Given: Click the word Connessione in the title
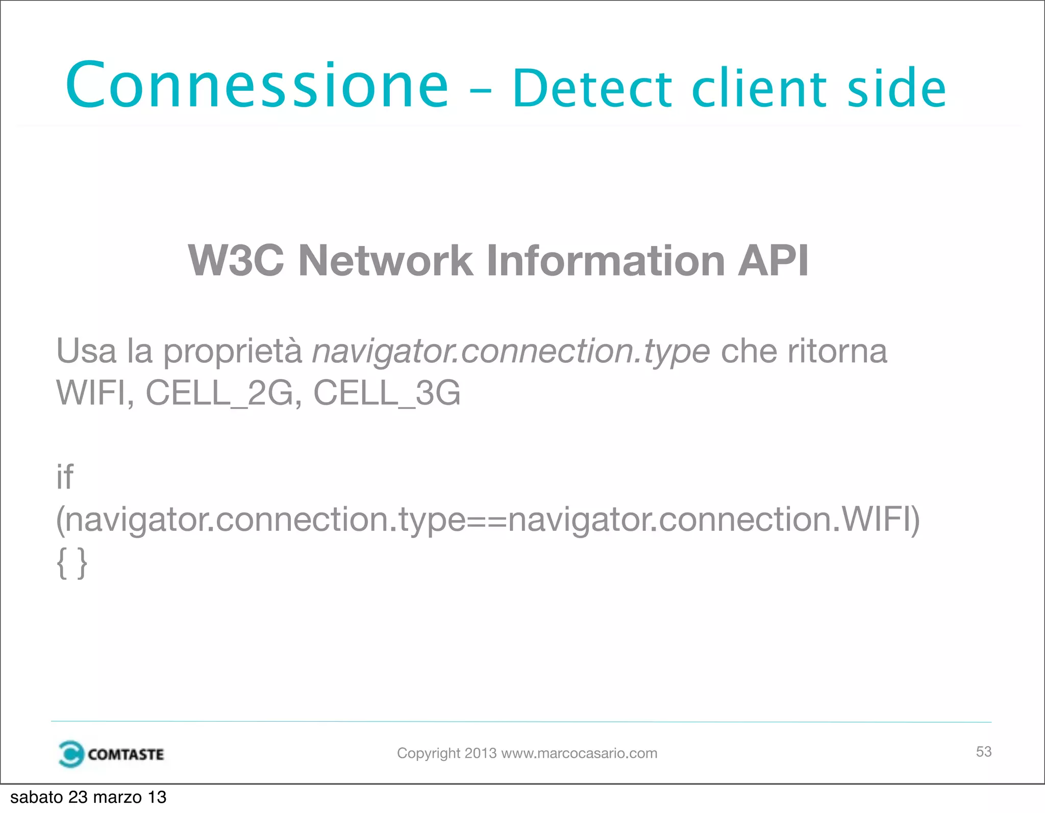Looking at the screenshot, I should click(x=257, y=86).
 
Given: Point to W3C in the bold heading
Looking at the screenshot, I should click(x=236, y=261).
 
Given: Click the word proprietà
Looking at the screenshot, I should click(x=233, y=352).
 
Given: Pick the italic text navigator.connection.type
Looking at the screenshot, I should click(x=510, y=352).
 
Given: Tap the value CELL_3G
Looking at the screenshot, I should click(x=386, y=393).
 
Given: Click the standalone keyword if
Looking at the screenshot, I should click(x=65, y=477).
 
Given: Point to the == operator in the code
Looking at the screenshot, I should click(x=487, y=520).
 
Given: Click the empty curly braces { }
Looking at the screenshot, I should click(x=72, y=563).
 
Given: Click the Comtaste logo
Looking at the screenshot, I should click(x=111, y=754).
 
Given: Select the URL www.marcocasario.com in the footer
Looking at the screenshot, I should click(x=579, y=753).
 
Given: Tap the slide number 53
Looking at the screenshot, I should click(x=983, y=751).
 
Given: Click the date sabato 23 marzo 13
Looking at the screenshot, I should click(x=88, y=797).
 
